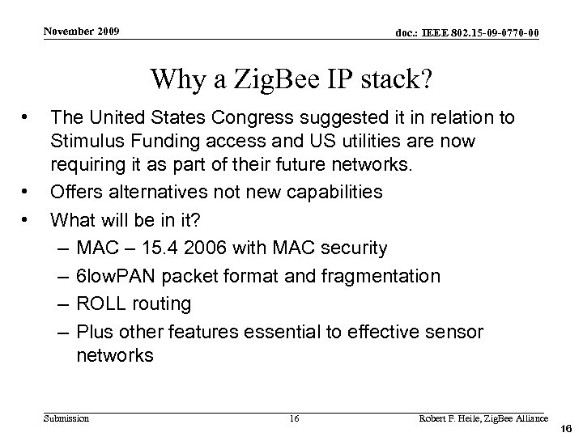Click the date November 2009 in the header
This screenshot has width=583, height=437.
(x=82, y=31)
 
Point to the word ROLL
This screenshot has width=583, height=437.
(x=100, y=303)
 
